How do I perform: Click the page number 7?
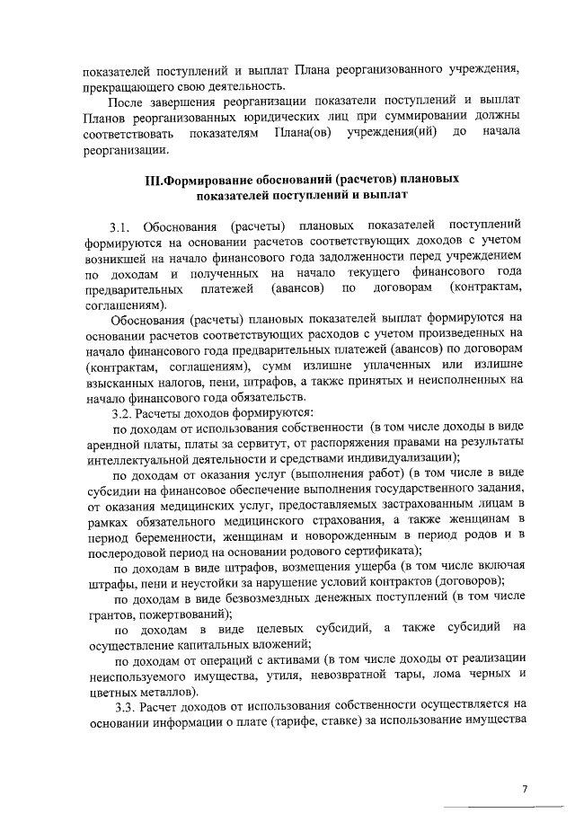(x=524, y=788)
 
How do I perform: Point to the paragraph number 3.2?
(x=123, y=415)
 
